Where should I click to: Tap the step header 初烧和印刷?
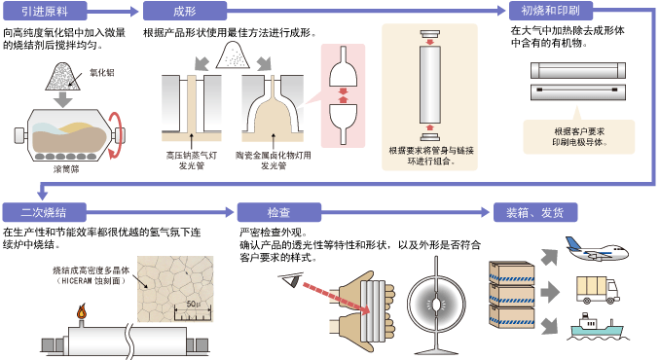[x=550, y=12]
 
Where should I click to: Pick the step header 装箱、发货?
[x=534, y=212]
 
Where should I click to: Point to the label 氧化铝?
[x=102, y=72]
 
